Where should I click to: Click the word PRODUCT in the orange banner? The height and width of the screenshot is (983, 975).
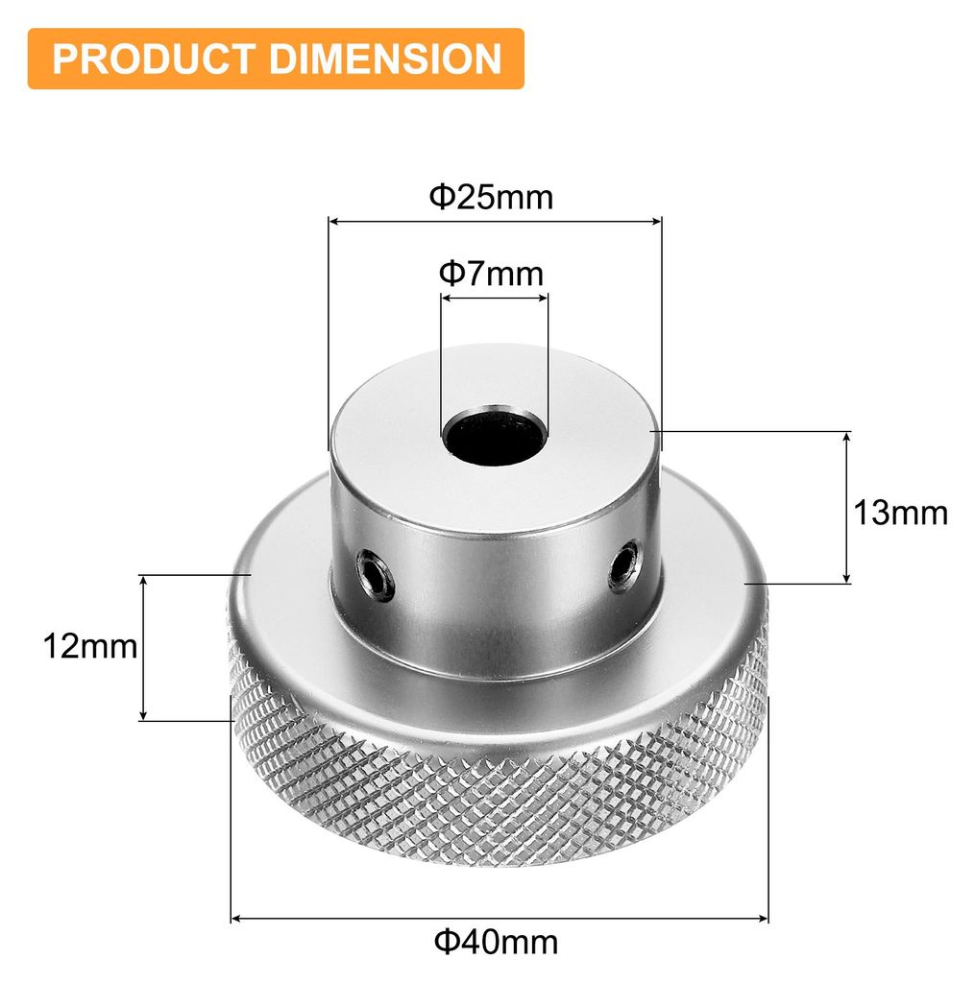coord(154,59)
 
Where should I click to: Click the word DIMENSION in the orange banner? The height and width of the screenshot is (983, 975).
coord(385,59)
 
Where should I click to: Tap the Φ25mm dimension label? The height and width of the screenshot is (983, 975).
coord(491,197)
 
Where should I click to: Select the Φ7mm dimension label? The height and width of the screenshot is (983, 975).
coord(491,274)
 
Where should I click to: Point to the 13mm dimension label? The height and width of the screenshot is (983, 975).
coord(900,513)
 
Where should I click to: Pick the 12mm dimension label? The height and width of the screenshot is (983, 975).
coord(90,646)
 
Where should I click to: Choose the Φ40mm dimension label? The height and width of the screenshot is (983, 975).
coord(496,942)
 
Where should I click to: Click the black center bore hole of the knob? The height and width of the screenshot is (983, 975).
coord(495,435)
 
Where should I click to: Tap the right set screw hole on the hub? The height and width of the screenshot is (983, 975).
coord(625,566)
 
